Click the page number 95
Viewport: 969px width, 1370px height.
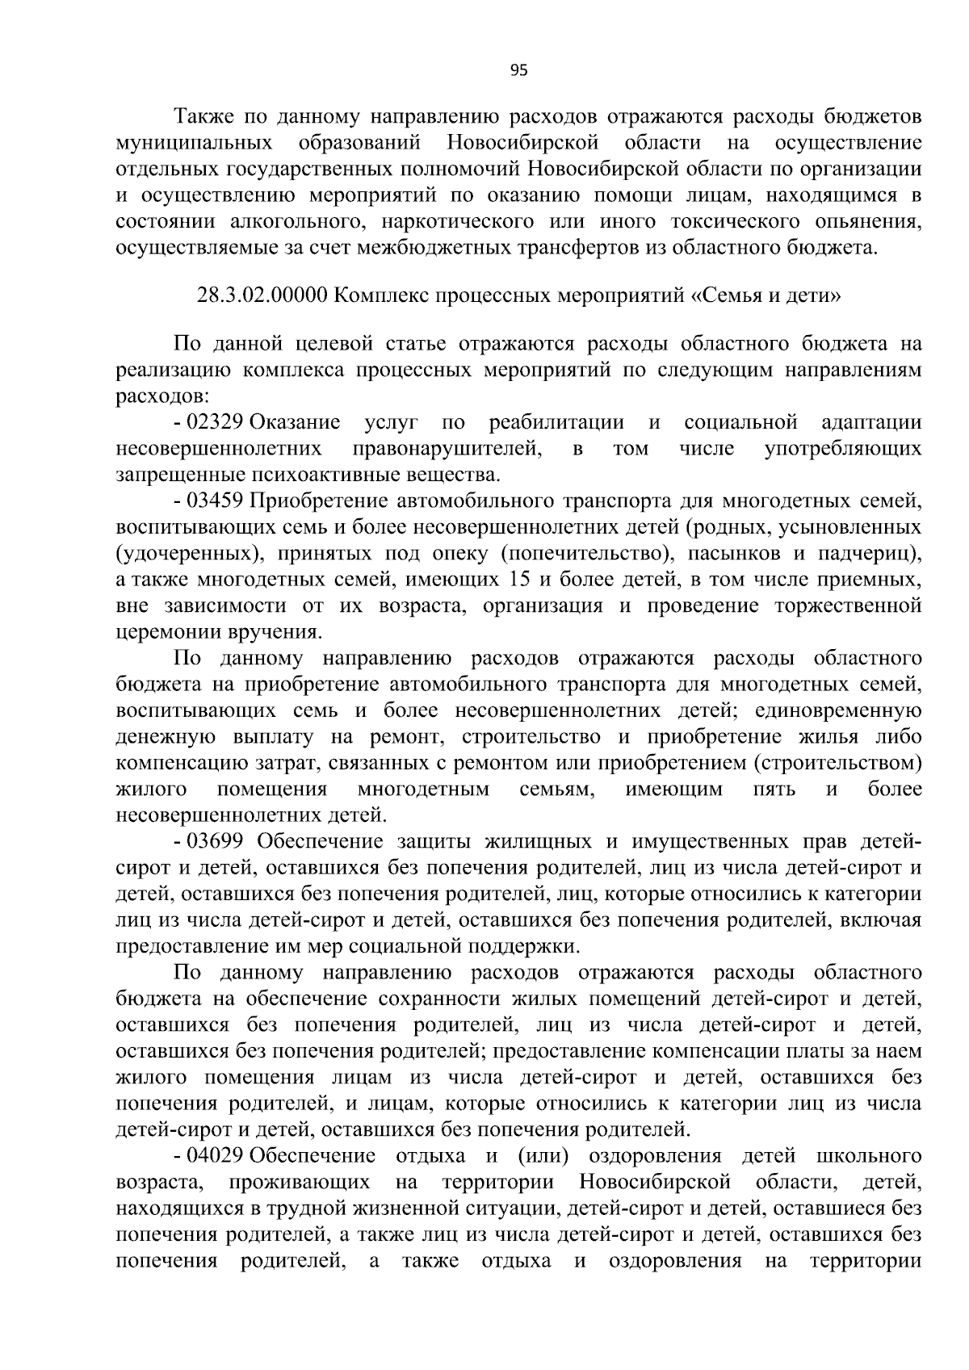coord(518,71)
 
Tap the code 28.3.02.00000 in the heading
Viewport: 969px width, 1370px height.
coord(262,295)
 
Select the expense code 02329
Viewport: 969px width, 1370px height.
coord(216,422)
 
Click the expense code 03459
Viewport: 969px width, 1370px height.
coord(216,501)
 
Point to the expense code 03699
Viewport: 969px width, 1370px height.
coord(216,841)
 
